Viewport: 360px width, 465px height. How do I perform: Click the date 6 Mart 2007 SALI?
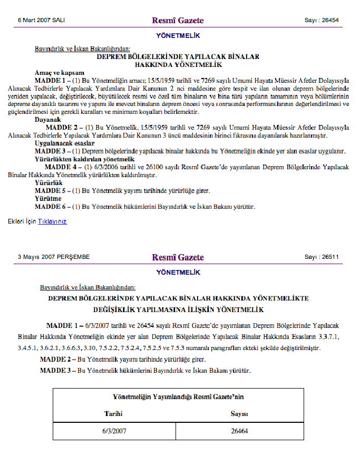pos(41,21)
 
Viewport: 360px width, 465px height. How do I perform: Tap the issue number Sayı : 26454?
pos(322,21)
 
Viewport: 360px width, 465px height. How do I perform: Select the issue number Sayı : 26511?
pos(322,257)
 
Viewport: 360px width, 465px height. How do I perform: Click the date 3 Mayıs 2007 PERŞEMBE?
pos(54,257)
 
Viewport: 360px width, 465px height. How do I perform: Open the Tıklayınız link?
pos(52,221)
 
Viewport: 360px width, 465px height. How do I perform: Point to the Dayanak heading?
pos(47,120)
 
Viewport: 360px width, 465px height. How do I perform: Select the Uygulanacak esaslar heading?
pos(64,143)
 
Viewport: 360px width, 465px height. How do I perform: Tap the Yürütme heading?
pos(48,199)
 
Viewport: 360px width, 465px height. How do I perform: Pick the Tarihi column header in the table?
pos(113,414)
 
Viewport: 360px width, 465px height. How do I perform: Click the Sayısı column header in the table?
pos(239,414)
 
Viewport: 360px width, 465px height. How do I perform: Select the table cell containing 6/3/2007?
pos(113,431)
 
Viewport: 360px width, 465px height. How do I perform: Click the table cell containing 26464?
pos(239,431)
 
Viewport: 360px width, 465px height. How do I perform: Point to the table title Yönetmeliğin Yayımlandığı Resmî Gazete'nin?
pos(178,396)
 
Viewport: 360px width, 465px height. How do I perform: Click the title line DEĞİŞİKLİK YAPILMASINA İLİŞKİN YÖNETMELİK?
pos(178,309)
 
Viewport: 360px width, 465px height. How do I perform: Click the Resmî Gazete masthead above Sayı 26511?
pos(178,257)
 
